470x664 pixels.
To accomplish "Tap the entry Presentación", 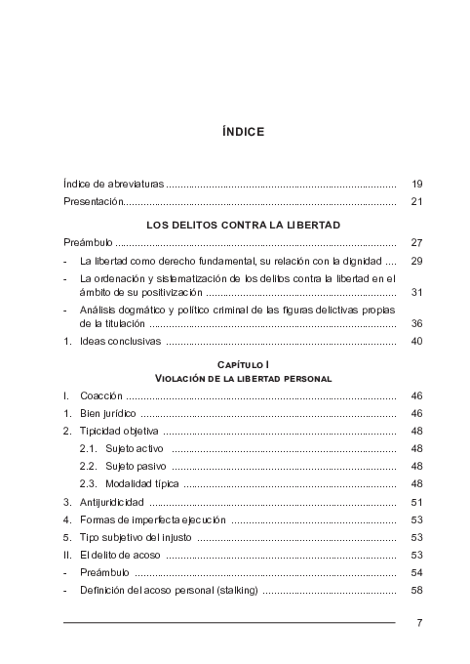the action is click(x=94, y=202).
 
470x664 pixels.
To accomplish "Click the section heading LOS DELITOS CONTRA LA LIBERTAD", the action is click(x=243, y=225).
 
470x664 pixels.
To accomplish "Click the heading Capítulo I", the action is click(x=243, y=364).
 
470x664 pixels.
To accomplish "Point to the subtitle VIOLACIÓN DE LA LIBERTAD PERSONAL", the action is click(x=243, y=378).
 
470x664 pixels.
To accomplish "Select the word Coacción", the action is click(x=101, y=397).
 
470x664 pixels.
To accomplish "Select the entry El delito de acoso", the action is click(x=120, y=555).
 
